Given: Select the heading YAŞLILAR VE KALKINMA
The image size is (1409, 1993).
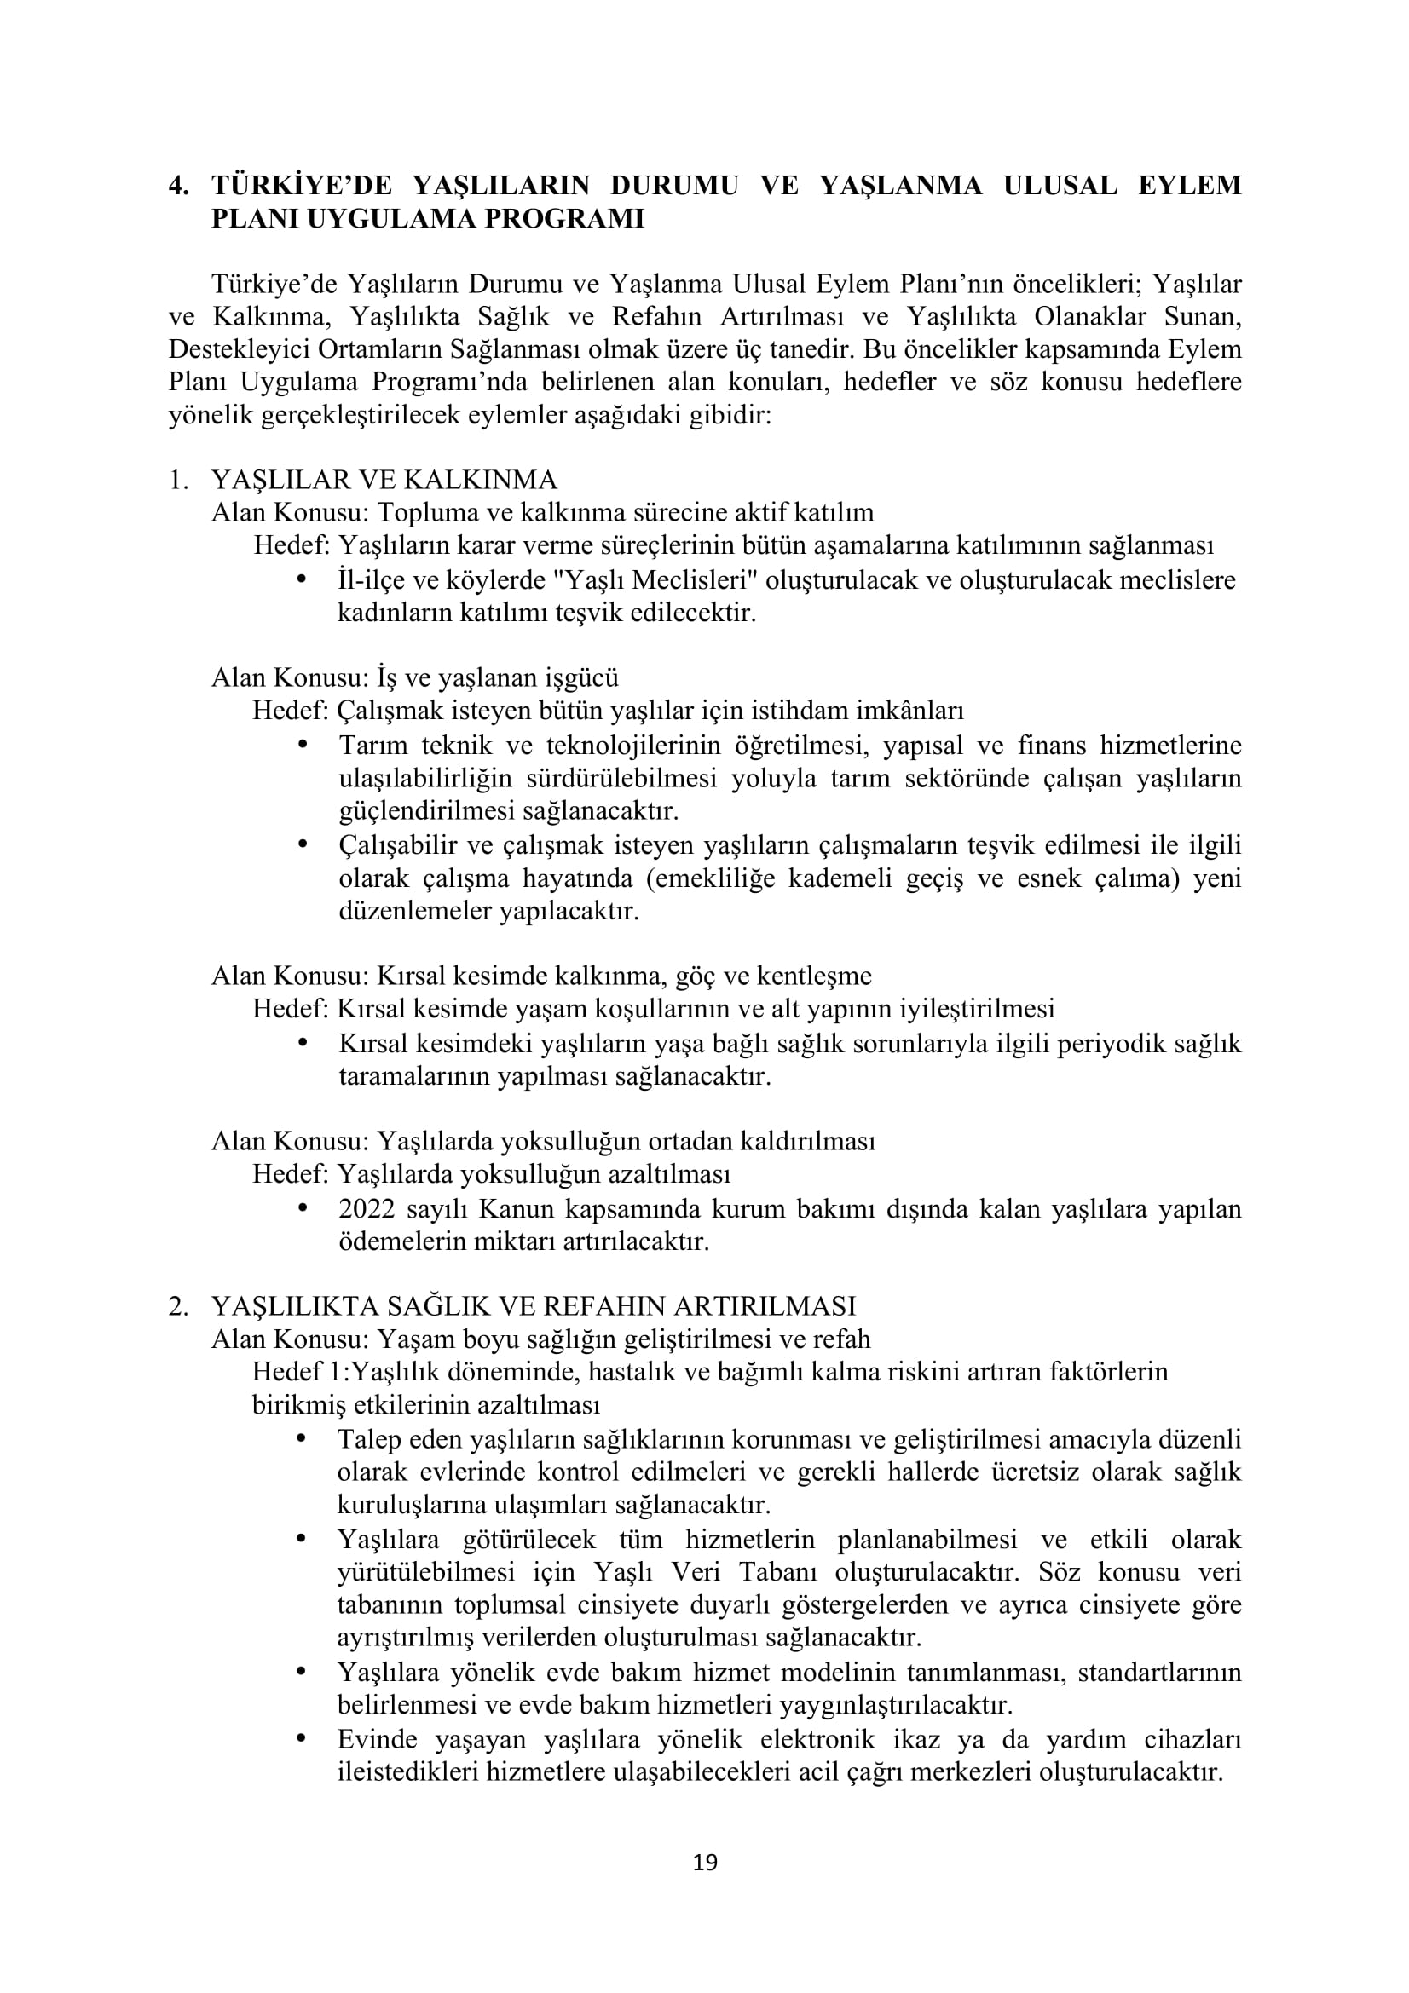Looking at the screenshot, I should pyautogui.click(x=384, y=479).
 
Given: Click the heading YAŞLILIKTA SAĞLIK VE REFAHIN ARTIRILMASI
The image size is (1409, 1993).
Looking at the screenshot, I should pyautogui.click(x=533, y=1305).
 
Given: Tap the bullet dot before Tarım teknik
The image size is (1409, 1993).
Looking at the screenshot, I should pyautogui.click(x=303, y=744).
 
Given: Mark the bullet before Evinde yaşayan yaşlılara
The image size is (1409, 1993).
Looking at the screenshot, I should pyautogui.click(x=303, y=1739).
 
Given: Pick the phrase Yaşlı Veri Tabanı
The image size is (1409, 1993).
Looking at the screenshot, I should pyautogui.click(x=707, y=1572).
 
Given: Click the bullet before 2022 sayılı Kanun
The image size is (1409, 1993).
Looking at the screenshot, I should pyautogui.click(x=303, y=1207).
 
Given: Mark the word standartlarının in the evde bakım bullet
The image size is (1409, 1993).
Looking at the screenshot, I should pyautogui.click(x=1158, y=1672).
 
